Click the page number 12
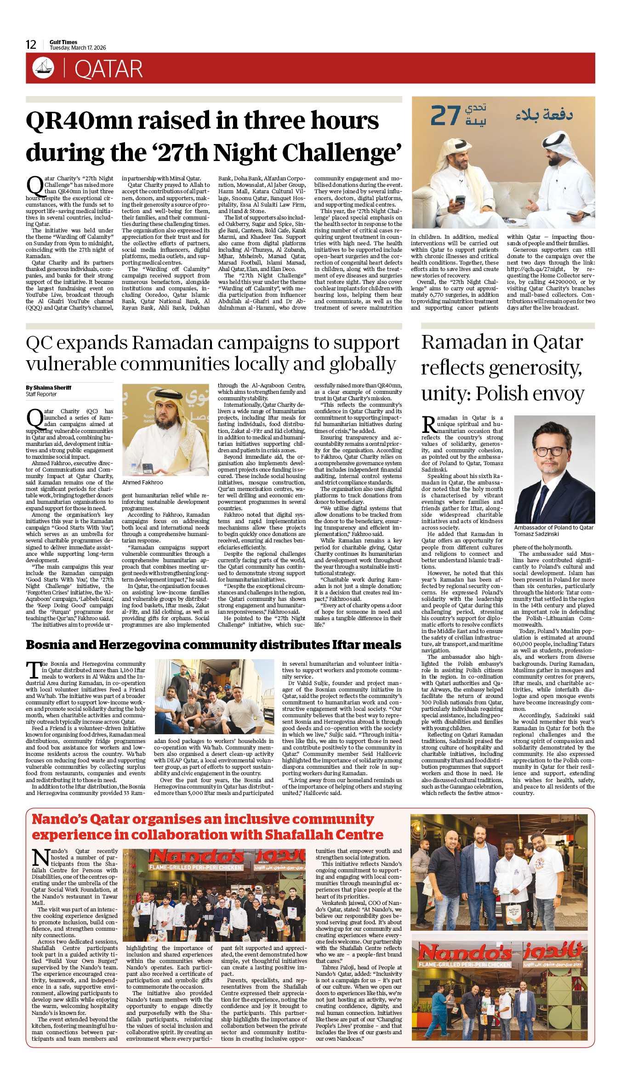pos(31,45)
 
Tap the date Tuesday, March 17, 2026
pos(78,48)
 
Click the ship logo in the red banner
pos(43,68)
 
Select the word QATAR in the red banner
pos(108,69)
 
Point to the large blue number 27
pos(445,115)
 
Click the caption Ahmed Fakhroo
pos(142,482)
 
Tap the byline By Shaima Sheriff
pos(48,387)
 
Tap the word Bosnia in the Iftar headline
pos(49,645)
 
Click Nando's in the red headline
pos(59,819)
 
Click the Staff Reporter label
pos(41,394)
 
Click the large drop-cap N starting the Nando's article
pos(40,857)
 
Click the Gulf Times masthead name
pos(63,42)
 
